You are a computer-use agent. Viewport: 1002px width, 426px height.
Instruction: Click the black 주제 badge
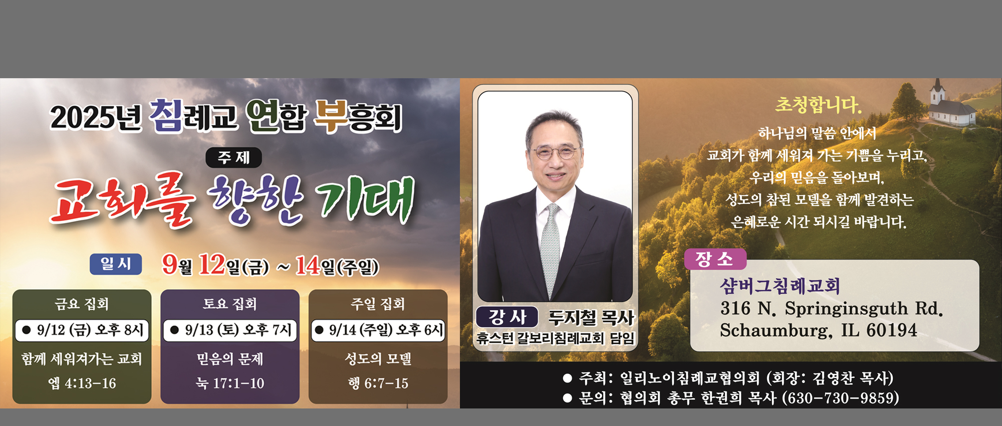pos(233,157)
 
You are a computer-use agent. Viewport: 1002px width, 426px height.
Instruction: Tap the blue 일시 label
pos(116,264)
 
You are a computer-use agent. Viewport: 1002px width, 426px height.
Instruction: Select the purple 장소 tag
pos(715,259)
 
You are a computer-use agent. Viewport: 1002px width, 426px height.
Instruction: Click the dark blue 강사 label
pos(507,317)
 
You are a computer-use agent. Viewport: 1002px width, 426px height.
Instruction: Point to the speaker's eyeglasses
pos(555,152)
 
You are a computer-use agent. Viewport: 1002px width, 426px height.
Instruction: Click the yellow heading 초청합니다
pos(818,105)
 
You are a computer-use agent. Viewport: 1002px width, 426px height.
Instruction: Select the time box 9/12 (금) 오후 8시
pos(82,330)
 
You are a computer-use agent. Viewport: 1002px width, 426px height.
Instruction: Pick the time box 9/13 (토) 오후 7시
pos(230,330)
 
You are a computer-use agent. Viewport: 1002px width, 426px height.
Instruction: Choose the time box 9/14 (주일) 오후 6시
pos(378,330)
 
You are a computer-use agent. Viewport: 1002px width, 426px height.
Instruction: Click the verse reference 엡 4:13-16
pos(82,383)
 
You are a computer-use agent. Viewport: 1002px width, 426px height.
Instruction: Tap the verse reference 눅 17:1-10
pos(230,383)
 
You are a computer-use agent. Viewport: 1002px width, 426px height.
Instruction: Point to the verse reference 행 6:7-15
pos(378,383)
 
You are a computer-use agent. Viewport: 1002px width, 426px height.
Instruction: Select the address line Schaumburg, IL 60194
pos(819,330)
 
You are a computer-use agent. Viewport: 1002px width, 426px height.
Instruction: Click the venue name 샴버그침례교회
pos(780,286)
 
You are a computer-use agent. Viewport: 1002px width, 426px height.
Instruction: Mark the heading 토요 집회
pos(230,304)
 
